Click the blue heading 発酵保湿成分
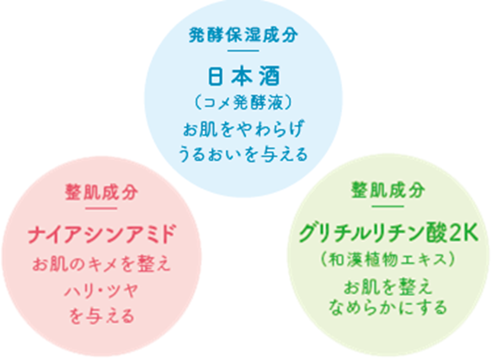(x=243, y=35)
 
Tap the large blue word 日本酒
(x=243, y=76)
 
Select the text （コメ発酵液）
(x=243, y=103)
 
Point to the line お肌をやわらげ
(x=243, y=129)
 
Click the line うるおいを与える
(x=243, y=153)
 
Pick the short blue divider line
(x=243, y=51)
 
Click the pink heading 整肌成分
(x=101, y=192)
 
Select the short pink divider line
(x=101, y=208)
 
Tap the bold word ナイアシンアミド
(x=101, y=234)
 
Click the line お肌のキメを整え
(x=101, y=264)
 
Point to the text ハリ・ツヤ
(x=101, y=290)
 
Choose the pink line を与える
(x=101, y=316)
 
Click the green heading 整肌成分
(x=388, y=190)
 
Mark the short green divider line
(x=388, y=207)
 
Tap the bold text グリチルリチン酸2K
(x=388, y=234)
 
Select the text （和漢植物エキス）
(x=388, y=260)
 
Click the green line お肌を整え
(x=388, y=287)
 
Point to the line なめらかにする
(x=388, y=307)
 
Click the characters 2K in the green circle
(x=463, y=234)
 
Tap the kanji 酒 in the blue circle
(x=270, y=76)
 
